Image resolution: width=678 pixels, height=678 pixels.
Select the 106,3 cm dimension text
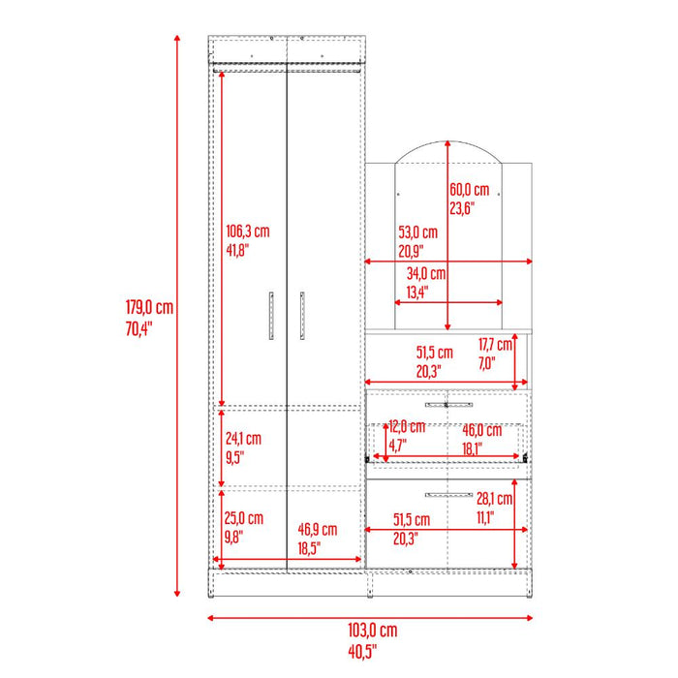[247, 231]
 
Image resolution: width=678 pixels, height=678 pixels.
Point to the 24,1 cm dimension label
[243, 439]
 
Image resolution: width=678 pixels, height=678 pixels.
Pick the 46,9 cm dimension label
[317, 529]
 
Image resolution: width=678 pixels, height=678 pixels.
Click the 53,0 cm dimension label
[417, 232]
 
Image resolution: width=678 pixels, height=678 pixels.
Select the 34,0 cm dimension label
[425, 273]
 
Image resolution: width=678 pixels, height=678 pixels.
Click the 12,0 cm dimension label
[406, 426]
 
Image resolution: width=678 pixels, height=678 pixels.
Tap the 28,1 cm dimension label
[494, 498]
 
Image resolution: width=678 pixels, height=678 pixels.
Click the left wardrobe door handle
[271, 315]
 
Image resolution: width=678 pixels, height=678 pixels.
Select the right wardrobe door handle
[302, 315]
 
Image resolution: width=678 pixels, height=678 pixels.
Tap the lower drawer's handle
[447, 494]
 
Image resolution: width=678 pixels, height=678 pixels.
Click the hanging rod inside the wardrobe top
[288, 67]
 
